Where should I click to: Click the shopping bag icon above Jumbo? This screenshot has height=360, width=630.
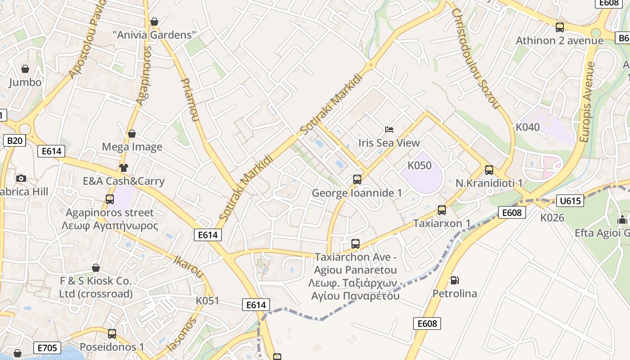click(25, 69)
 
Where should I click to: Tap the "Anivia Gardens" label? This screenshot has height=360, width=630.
click(154, 35)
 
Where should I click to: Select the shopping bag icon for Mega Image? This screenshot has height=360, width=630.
click(132, 134)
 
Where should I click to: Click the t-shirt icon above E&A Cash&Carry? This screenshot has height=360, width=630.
click(124, 168)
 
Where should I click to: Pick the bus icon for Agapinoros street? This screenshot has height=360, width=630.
click(109, 199)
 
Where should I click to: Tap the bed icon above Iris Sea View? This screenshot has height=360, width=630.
click(389, 130)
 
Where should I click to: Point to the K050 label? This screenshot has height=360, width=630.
click(419, 166)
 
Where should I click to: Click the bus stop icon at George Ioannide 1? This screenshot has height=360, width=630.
click(357, 180)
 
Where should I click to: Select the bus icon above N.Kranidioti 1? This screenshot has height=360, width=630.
click(489, 170)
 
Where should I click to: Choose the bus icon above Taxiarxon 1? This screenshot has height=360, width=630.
click(442, 210)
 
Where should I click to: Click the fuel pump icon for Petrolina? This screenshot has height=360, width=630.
click(455, 280)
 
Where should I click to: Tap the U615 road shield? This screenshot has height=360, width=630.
click(570, 201)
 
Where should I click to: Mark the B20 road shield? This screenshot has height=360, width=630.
click(14, 141)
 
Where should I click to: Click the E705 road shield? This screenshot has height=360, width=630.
click(47, 347)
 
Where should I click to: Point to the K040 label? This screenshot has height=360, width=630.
click(527, 127)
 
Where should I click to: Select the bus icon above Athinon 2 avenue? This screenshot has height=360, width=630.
click(560, 27)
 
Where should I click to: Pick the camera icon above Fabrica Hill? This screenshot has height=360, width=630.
click(21, 178)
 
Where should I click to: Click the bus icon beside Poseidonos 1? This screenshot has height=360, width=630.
click(112, 334)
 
